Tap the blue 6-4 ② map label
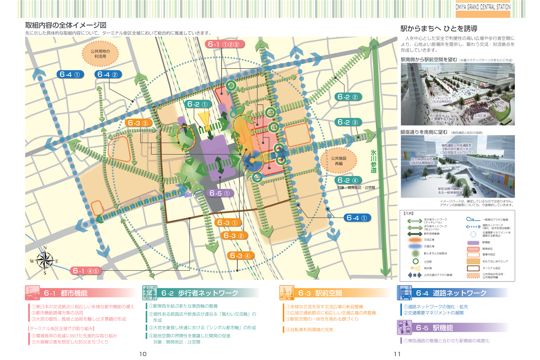tap(108, 75)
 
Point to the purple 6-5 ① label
tap(219, 193)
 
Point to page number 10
tap(143, 354)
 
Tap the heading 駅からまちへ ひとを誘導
tap(441, 28)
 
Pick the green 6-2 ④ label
tap(348, 180)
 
